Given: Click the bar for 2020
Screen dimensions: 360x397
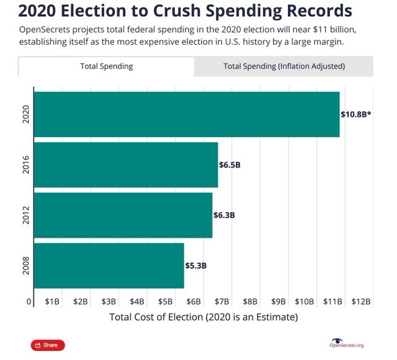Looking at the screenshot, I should point(186,114).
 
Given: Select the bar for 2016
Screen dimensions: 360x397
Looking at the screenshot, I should point(125,164).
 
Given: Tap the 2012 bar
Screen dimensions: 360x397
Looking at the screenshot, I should point(123,215).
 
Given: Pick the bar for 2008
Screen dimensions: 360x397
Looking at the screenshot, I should point(109,266).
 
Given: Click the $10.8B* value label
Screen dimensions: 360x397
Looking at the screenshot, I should point(356,114).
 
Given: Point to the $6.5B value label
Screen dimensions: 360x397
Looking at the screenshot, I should point(230,165).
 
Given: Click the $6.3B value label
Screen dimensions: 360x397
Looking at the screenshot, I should point(225,215).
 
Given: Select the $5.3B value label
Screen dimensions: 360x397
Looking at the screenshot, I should point(196,266).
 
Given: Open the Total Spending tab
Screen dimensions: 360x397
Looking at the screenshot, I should point(106,66).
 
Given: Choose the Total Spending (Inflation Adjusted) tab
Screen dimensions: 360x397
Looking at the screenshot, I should point(283,66).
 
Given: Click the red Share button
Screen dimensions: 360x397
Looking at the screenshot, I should point(48,345).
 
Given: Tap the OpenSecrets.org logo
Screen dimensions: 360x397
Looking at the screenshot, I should point(347,343).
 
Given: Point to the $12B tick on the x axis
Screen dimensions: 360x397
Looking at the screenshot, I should point(361,302).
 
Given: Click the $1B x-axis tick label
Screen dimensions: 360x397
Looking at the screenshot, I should point(52,302).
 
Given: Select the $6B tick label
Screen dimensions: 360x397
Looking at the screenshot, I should point(194,302).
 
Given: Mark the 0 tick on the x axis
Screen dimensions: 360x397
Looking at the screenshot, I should point(29,302).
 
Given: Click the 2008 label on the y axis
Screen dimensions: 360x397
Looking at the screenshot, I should point(26,266).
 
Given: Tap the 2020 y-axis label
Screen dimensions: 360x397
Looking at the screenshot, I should point(26,114).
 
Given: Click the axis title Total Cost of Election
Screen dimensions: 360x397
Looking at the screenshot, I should point(203,317).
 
